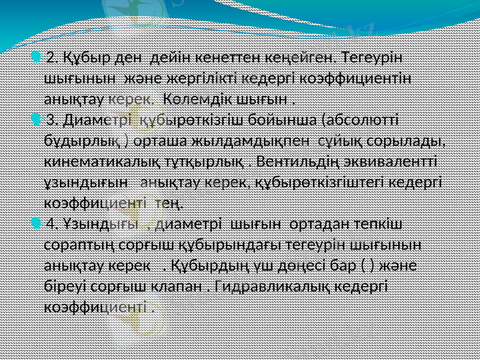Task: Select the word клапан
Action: (178, 286)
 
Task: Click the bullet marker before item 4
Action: (37, 224)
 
